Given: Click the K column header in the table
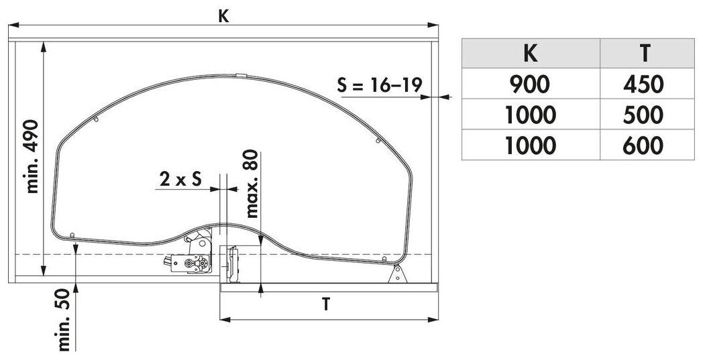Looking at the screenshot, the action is pos(530,54).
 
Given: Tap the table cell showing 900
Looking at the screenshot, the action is pos(531,84).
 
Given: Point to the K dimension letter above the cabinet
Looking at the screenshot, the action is pos(224,16).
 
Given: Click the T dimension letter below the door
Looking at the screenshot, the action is pos(326,304).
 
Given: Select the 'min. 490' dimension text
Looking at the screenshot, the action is pos(32,156).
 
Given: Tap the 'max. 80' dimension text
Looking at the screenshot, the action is pos(252,184).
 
